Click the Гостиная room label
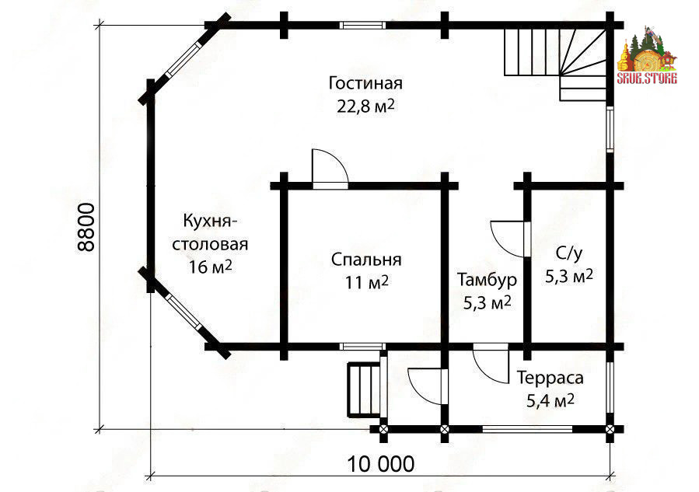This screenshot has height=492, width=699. [x=365, y=83]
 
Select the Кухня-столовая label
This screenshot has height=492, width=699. [x=210, y=232]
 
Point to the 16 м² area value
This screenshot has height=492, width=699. [x=211, y=267]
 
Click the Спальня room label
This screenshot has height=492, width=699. [x=365, y=259]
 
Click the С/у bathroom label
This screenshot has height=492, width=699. [x=569, y=253]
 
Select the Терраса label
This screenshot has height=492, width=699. [x=550, y=378]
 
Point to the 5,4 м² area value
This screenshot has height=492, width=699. [x=550, y=401]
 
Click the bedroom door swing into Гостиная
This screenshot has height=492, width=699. [x=327, y=167]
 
